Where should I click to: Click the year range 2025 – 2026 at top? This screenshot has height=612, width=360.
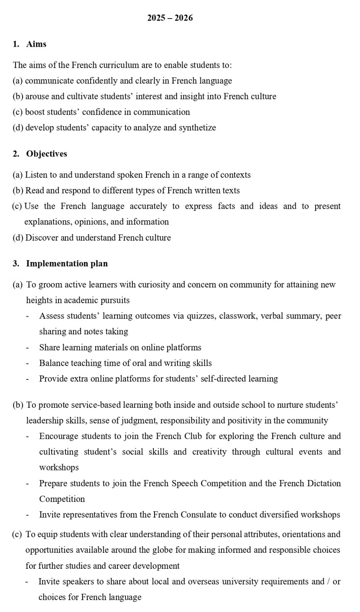pos(170,18)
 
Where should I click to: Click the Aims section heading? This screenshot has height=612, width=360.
pos(36,44)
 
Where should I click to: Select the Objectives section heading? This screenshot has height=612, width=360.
pos(47,154)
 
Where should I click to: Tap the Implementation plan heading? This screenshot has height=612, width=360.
pos(67,264)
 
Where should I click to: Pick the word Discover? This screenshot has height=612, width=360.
pos(42,238)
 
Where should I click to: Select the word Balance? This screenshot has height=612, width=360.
pos(54,363)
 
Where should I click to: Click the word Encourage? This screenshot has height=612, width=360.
pos(59,436)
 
